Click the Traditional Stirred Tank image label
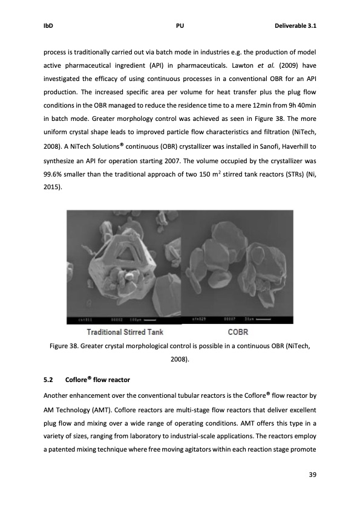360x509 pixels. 125,332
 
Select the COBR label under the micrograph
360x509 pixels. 238,332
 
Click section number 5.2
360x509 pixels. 49,380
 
